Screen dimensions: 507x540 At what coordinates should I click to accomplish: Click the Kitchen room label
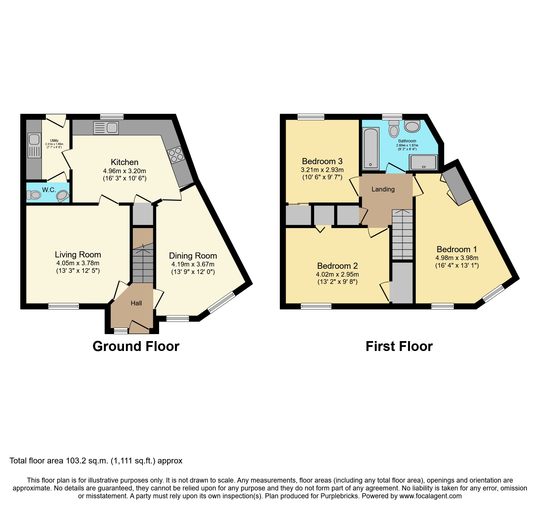click(125, 162)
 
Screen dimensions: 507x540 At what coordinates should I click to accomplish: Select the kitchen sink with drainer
click(106, 128)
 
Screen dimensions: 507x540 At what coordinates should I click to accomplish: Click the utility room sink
click(34, 145)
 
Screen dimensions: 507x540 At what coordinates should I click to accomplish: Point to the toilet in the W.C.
click(33, 195)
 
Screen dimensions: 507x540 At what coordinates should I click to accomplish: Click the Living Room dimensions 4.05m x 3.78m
click(78, 263)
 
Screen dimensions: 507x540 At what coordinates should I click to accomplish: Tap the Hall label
click(136, 303)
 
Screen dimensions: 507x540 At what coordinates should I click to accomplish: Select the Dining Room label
click(193, 256)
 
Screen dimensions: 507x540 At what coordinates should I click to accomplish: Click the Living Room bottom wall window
click(64, 306)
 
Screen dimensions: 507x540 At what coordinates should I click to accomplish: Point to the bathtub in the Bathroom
click(371, 148)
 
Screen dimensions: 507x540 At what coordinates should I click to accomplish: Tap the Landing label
click(383, 189)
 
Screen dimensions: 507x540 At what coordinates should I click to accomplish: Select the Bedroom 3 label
click(322, 161)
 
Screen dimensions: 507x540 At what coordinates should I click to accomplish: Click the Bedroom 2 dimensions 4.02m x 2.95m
click(337, 274)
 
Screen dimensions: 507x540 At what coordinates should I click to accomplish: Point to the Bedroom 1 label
click(457, 249)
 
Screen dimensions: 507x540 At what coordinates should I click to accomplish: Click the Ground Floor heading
click(136, 346)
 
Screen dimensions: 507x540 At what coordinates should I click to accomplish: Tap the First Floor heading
click(399, 346)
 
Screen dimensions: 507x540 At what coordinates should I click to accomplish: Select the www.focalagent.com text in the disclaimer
click(430, 496)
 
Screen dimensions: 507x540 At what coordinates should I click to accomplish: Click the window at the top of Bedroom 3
click(311, 117)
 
